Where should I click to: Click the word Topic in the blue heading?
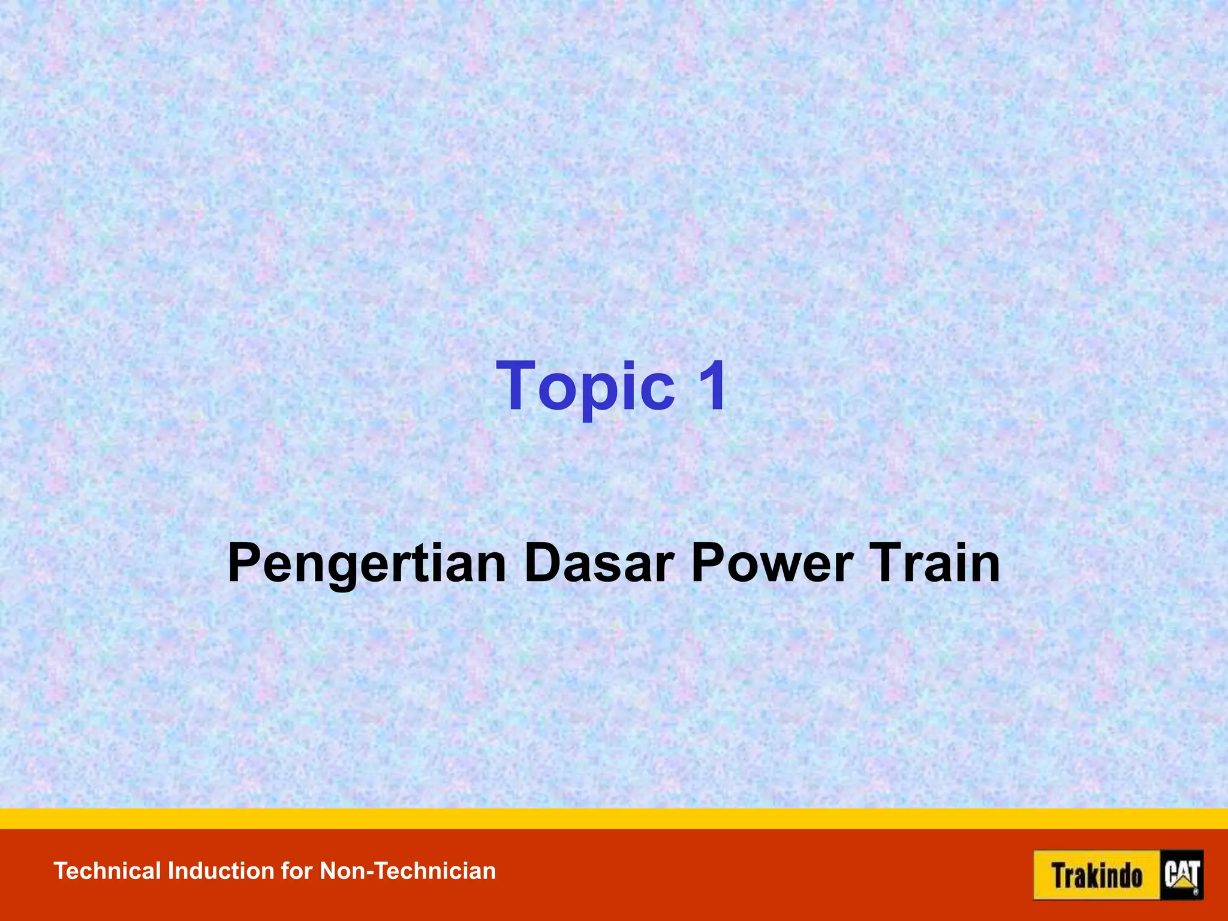click(585, 387)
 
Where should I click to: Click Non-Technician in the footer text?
click(408, 871)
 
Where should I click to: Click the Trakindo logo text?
click(1097, 875)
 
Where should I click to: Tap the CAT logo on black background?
click(1182, 875)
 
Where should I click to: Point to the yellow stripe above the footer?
click(614, 818)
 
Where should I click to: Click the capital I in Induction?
click(171, 871)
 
